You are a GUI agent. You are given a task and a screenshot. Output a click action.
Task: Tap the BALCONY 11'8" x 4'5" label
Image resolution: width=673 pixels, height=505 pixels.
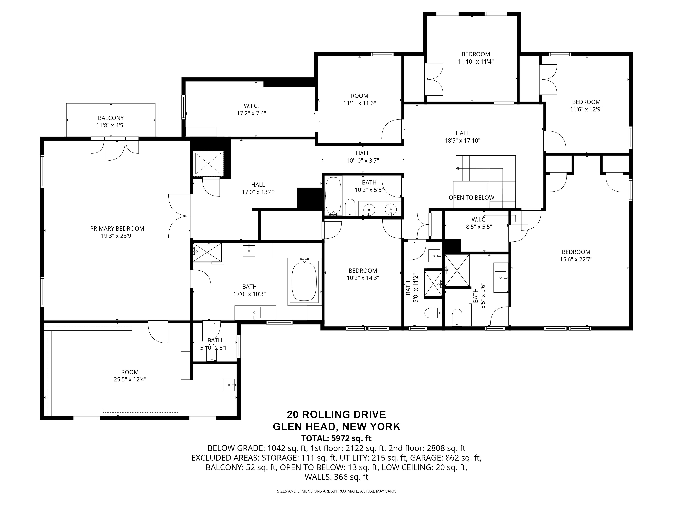pyautogui.click(x=111, y=122)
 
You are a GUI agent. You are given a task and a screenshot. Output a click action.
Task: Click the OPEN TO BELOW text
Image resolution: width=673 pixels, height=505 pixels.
pyautogui.click(x=471, y=198)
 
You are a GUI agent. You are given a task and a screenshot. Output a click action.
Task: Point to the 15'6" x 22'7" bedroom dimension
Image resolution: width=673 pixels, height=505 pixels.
pyautogui.click(x=576, y=259)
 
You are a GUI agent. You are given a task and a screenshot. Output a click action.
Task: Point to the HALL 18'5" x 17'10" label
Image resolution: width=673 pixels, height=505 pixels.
pyautogui.click(x=462, y=137)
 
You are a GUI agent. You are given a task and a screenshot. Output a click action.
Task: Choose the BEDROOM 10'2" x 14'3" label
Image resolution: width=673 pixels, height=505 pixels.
pyautogui.click(x=363, y=274)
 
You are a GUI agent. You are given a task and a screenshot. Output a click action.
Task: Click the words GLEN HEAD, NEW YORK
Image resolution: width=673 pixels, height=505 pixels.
pyautogui.click(x=336, y=426)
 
